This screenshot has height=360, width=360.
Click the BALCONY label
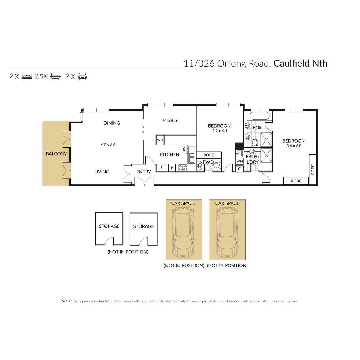click(56, 154)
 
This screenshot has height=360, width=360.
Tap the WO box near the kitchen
click(160, 140)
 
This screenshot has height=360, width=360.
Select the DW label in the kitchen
click(184, 149)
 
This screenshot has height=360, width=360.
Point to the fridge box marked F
click(162, 167)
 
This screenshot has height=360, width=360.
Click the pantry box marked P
click(172, 168)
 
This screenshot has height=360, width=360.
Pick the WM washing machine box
click(240, 161)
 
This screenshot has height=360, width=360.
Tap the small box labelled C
click(239, 169)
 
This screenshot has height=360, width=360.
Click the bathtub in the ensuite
click(259, 115)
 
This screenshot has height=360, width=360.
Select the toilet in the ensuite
click(255, 142)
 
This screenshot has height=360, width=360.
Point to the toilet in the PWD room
click(217, 165)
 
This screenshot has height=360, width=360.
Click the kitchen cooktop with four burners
click(183, 168)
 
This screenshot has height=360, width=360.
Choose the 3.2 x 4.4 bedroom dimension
click(220, 131)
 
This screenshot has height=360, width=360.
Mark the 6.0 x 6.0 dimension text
click(108, 145)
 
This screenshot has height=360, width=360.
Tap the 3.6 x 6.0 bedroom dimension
click(294, 146)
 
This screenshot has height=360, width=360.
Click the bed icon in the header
click(27, 76)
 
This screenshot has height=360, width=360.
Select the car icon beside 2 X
click(82, 76)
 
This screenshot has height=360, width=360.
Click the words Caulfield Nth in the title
click(300, 63)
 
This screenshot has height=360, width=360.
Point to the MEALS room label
click(169, 120)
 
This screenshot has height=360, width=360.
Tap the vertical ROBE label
click(313, 169)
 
